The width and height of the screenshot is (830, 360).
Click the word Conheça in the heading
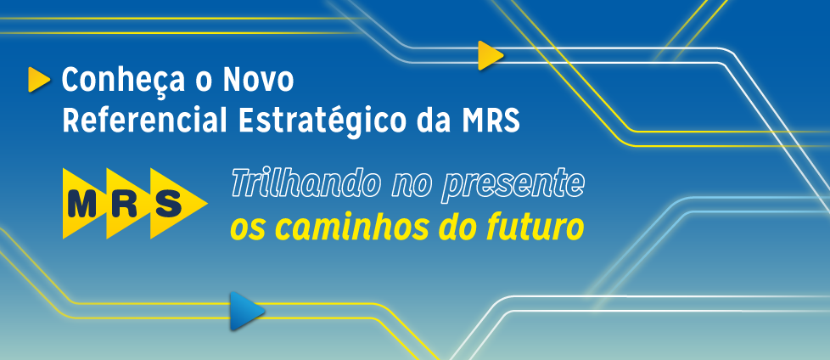click(x=123, y=81)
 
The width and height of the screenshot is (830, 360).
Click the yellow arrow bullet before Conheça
click(x=39, y=80)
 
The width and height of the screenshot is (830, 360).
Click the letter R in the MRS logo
click(x=125, y=204)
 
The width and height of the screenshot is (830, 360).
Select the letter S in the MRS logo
click(x=168, y=204)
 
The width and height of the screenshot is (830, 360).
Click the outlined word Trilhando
click(x=306, y=183)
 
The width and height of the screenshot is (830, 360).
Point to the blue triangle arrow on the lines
click(x=247, y=311)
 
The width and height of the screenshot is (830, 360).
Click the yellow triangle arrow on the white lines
click(x=490, y=55)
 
